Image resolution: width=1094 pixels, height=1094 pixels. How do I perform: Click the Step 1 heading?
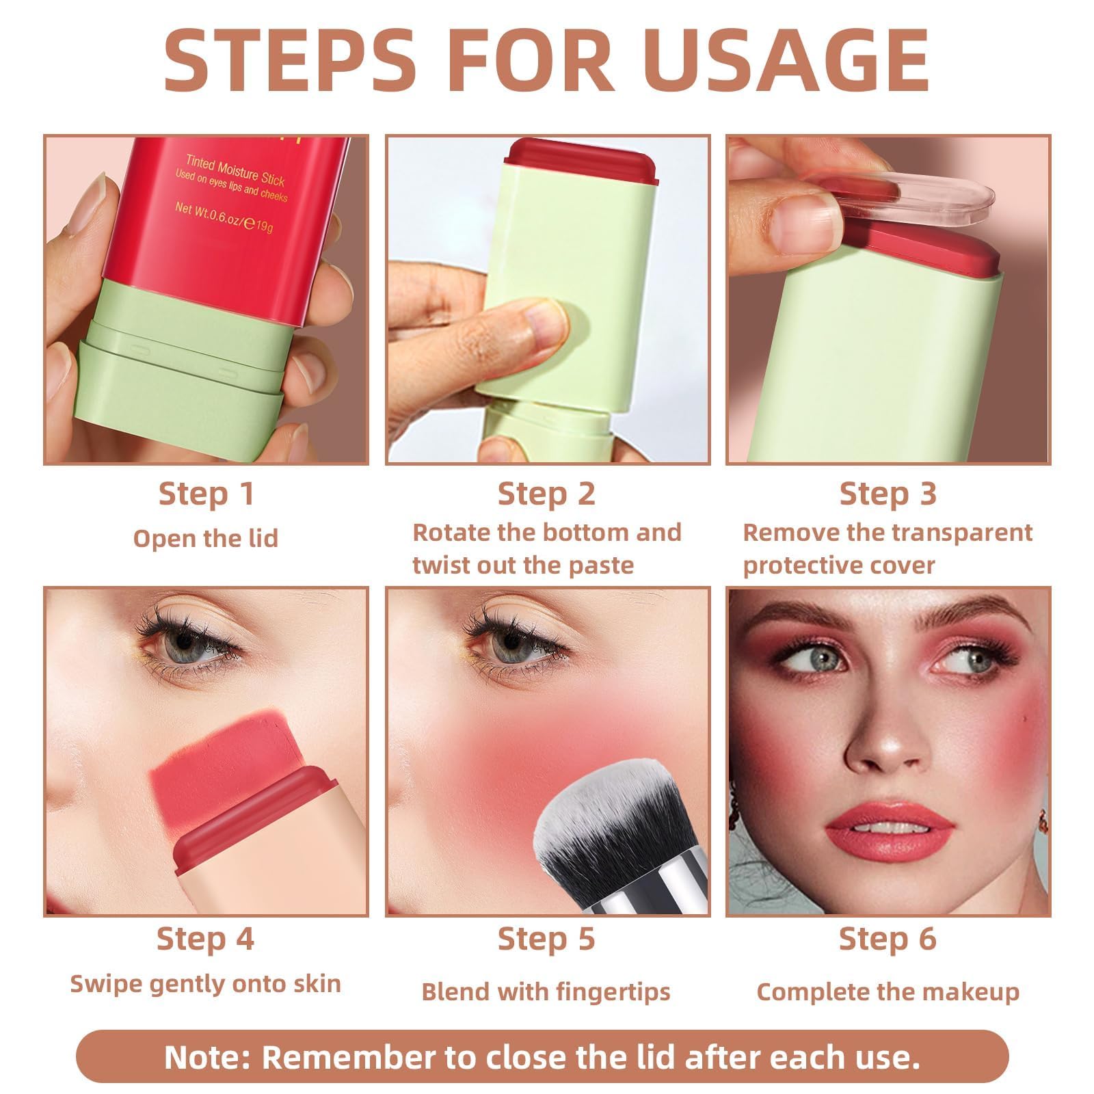[x=206, y=494]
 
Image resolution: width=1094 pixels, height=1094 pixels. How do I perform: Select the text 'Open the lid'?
[x=206, y=539]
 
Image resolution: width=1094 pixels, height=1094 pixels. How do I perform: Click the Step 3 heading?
[x=888, y=494]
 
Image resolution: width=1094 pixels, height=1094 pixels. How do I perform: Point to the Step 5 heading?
[x=546, y=939]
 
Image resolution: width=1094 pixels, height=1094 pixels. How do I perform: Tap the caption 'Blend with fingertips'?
[x=546, y=991]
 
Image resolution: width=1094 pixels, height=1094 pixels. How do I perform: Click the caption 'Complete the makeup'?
[x=888, y=991]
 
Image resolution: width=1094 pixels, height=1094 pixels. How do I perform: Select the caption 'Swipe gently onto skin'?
[x=206, y=984]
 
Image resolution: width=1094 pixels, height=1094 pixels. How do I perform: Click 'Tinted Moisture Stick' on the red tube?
[x=235, y=170]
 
